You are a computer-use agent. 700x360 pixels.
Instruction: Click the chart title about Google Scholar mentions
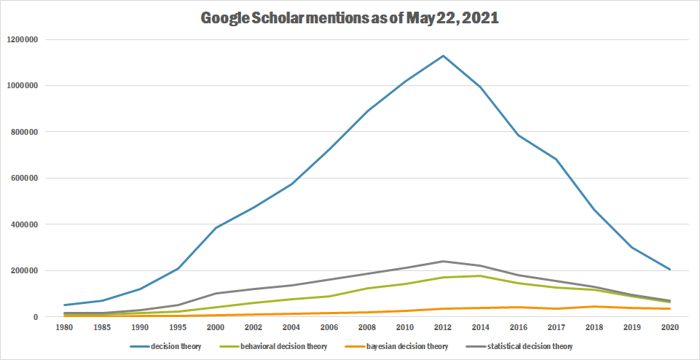pos(350,17)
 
